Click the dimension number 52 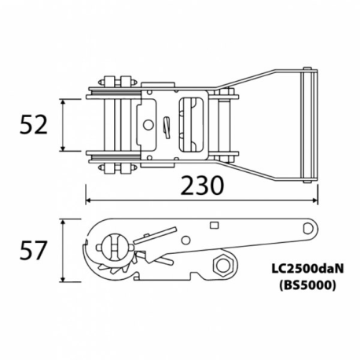tap(34, 125)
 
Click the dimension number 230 tap(202, 186)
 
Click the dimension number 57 tap(33, 251)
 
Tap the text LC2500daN tap(307, 269)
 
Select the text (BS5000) tap(307, 285)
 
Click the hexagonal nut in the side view tap(223, 268)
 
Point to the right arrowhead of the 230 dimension tap(315, 200)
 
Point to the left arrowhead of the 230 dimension tap(89, 200)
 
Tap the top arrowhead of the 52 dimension tap(63, 101)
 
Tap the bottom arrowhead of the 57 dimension tap(63, 279)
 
